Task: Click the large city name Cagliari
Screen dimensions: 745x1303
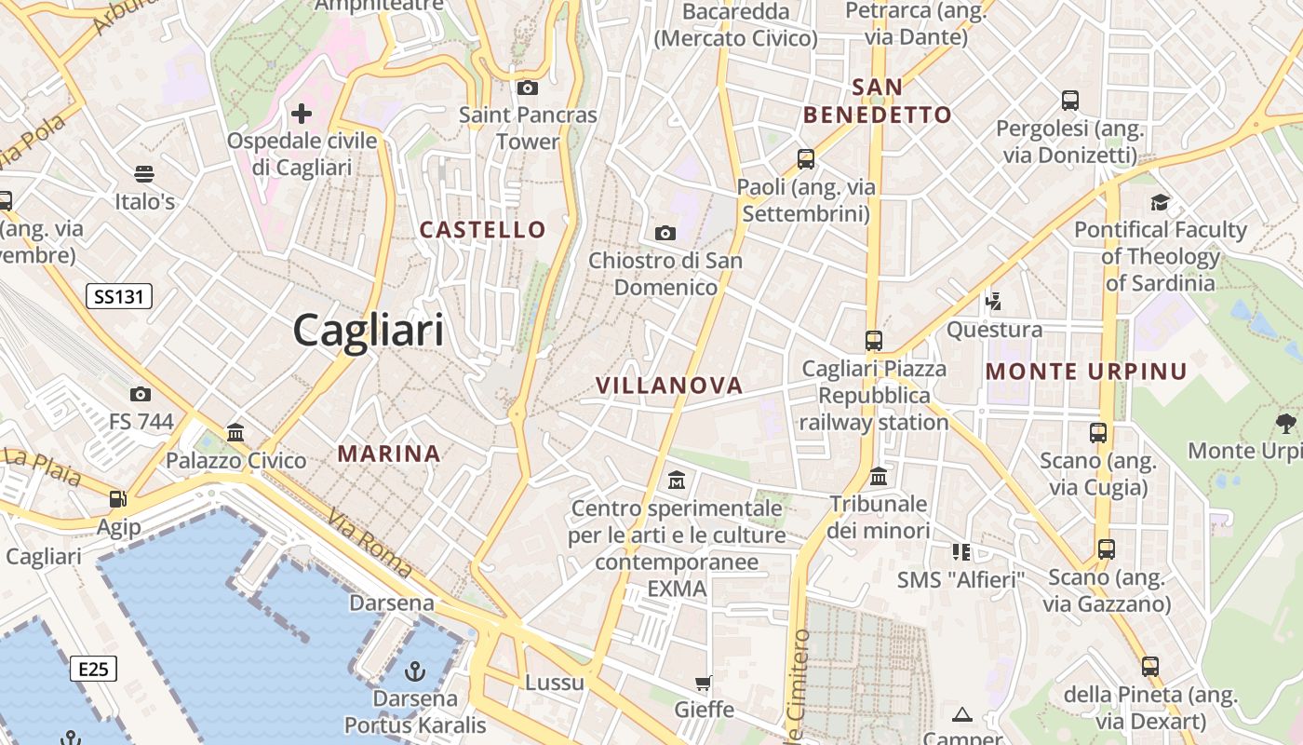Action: [x=368, y=331]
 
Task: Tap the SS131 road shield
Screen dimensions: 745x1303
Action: [x=119, y=297]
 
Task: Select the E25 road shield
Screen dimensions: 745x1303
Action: [x=93, y=669]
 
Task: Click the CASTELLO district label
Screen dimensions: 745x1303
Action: [x=482, y=229]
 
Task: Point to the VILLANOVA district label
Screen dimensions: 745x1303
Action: [x=669, y=385]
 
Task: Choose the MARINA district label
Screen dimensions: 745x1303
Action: [x=389, y=454]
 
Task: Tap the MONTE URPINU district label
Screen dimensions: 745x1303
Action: [x=1086, y=372]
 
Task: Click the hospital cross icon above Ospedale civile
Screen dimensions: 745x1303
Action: [x=302, y=114]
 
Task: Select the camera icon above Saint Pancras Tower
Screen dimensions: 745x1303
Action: [x=528, y=88]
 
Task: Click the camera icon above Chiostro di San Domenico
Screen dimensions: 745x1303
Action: [x=665, y=233]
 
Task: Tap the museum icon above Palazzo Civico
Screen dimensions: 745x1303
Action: [x=235, y=432]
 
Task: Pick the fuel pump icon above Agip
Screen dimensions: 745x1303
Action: [x=118, y=499]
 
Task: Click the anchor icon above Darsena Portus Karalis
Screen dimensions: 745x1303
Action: [x=415, y=670]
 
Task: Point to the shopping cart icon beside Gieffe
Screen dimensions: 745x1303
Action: [x=704, y=683]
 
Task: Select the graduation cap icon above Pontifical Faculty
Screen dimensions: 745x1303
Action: [x=1160, y=202]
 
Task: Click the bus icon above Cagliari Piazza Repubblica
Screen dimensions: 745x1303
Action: [x=873, y=341]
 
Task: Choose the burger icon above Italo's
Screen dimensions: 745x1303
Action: [x=144, y=174]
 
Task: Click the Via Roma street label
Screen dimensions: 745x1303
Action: [x=369, y=542]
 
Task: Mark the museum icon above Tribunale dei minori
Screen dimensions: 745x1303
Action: [x=878, y=477]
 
